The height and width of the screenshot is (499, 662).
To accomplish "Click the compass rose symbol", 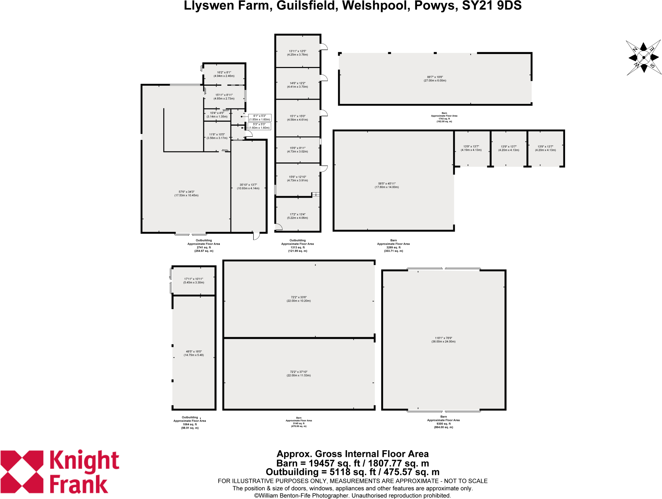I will [x=644, y=58].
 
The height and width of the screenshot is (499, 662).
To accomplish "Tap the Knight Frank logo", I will [x=60, y=471].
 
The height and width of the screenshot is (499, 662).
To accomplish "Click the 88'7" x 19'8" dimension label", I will [x=435, y=79].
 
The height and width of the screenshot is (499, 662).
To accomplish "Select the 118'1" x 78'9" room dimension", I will [x=443, y=340].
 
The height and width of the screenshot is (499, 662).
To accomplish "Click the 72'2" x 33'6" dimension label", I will [x=298, y=299].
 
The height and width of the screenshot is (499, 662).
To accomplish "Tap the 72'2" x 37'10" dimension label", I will [x=298, y=374].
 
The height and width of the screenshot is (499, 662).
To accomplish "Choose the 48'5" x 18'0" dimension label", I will [x=194, y=353].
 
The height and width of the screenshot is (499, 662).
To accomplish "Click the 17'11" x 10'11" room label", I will [x=194, y=281].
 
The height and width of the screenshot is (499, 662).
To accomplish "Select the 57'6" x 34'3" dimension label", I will [x=186, y=194].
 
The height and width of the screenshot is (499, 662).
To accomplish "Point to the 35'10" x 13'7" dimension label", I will [x=248, y=186].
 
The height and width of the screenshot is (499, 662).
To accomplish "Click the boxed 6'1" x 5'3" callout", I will [x=260, y=118].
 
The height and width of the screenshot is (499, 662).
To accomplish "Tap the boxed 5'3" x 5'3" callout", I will [x=259, y=126].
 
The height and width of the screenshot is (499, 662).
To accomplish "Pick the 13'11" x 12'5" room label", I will [x=297, y=53].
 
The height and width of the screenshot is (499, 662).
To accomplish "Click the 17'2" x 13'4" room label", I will [x=297, y=216].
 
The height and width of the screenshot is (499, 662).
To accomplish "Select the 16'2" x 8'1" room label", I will [x=224, y=74].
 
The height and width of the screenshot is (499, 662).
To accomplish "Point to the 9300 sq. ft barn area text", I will [x=443, y=424].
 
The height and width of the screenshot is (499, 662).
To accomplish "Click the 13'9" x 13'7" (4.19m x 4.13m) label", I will [x=471, y=148].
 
